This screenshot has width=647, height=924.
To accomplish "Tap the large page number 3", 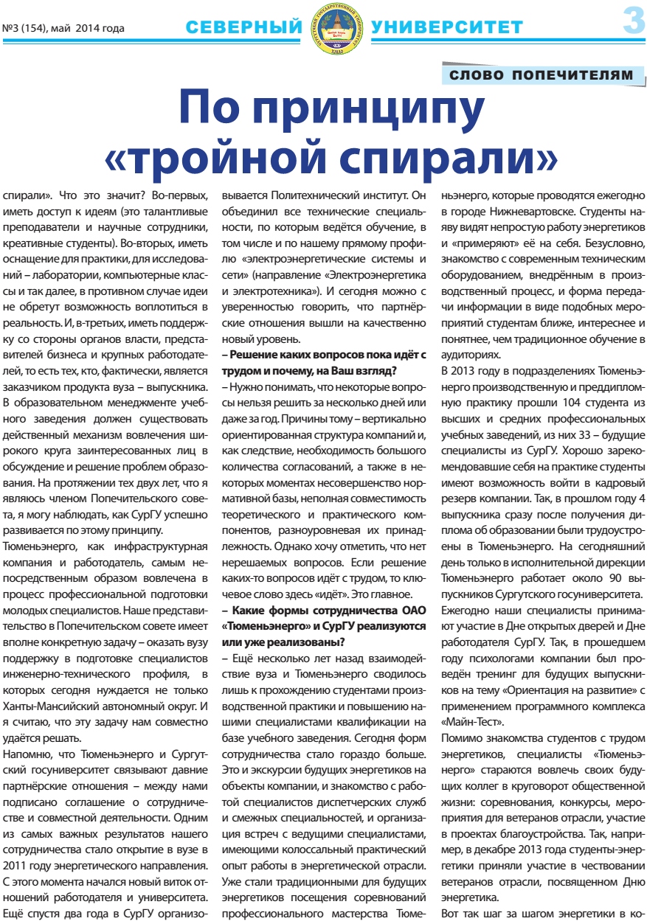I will coord(633,21).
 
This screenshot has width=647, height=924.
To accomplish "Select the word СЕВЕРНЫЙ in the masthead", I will coord(242,28).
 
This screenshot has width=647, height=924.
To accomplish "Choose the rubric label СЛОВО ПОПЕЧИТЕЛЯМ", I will coord(542,75).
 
